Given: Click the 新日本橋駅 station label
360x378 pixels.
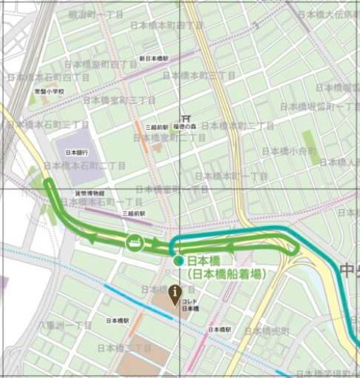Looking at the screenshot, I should click(153, 58).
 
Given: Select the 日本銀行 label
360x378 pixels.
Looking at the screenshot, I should click(77, 152).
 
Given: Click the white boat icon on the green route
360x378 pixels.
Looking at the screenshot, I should click(135, 242).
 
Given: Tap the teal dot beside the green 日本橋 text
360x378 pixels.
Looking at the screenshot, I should click(178, 261).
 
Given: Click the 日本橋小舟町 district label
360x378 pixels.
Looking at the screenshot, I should click(289, 150).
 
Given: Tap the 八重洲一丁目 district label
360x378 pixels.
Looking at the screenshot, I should click(67, 325).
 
